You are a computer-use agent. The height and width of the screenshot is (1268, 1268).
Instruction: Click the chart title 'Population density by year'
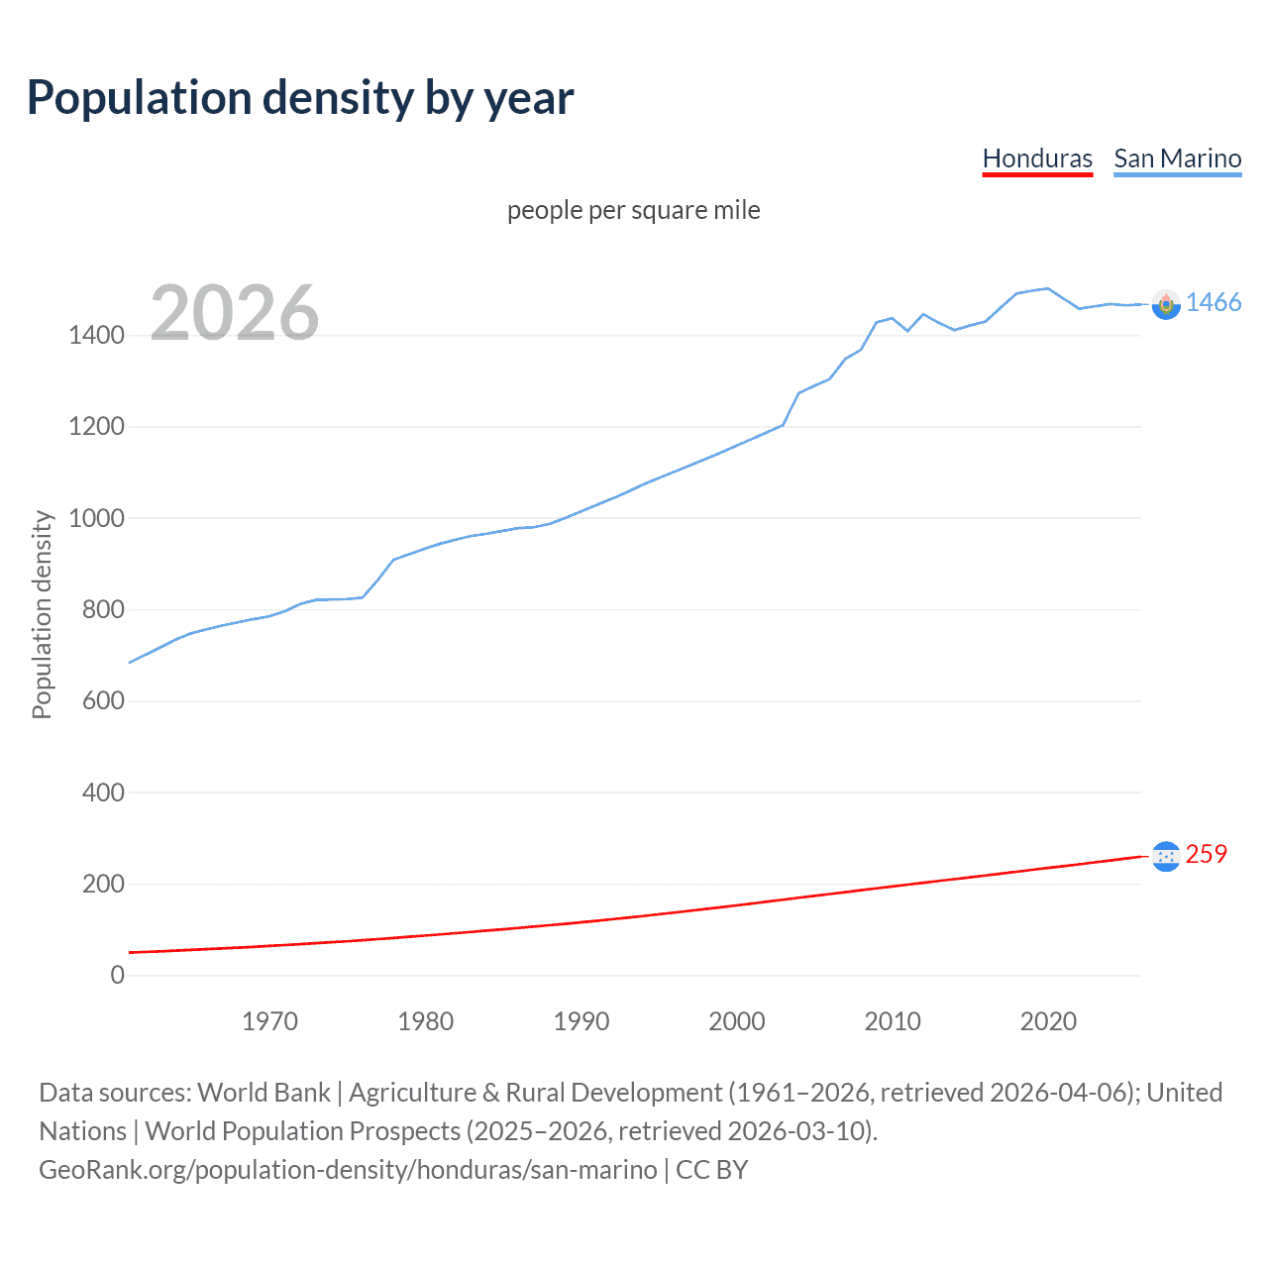300,98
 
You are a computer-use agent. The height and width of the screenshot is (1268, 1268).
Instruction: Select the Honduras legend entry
1037,158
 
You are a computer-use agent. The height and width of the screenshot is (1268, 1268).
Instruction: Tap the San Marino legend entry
1177,158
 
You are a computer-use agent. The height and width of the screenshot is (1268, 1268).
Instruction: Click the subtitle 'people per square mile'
633,210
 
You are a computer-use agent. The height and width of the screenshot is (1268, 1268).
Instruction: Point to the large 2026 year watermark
235,313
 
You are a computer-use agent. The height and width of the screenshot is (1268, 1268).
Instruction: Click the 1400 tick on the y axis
96,336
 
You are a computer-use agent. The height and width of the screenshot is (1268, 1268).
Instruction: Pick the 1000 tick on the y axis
96,518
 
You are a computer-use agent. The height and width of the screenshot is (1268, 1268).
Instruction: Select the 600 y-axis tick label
103,700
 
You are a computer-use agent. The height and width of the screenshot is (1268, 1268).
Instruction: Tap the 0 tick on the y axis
117,975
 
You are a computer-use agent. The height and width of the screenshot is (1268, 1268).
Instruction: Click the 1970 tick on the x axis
269,1021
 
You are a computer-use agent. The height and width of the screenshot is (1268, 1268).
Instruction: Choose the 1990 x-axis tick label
581,1021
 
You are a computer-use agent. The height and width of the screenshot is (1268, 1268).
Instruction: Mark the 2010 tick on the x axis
893,1021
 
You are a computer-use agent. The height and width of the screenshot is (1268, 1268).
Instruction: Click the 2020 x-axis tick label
1048,1021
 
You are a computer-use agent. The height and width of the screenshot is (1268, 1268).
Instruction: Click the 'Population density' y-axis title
42,614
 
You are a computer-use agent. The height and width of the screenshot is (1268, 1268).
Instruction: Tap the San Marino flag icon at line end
1166,304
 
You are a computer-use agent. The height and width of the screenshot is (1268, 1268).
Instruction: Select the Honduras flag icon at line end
1166,856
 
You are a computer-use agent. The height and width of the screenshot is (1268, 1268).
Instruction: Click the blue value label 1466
1214,303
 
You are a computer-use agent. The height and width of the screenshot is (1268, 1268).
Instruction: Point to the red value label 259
1206,854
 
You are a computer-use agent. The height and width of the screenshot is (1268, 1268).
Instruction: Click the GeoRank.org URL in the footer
348,1170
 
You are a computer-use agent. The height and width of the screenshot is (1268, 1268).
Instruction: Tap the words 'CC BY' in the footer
711,1170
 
